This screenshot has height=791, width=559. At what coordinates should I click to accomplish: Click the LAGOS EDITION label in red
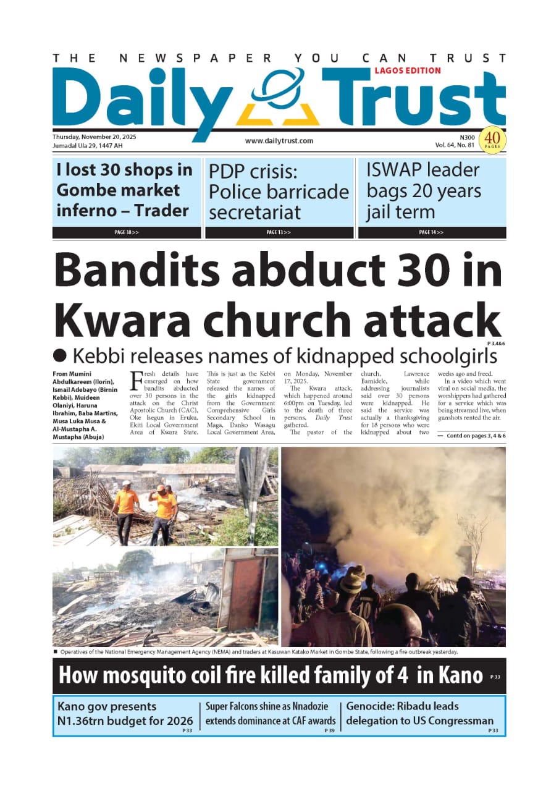click(407, 70)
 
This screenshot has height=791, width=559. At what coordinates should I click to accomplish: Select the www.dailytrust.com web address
click(279, 141)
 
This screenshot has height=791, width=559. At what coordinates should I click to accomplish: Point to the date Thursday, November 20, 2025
click(94, 137)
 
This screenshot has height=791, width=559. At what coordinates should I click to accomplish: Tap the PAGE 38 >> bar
click(127, 232)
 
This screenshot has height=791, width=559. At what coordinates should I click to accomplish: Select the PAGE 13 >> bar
click(279, 232)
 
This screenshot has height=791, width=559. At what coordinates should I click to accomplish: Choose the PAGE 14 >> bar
click(431, 232)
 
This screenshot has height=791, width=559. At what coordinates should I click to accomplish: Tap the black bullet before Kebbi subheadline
click(60, 355)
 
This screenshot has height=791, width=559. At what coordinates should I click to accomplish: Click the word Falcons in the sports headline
click(252, 706)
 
